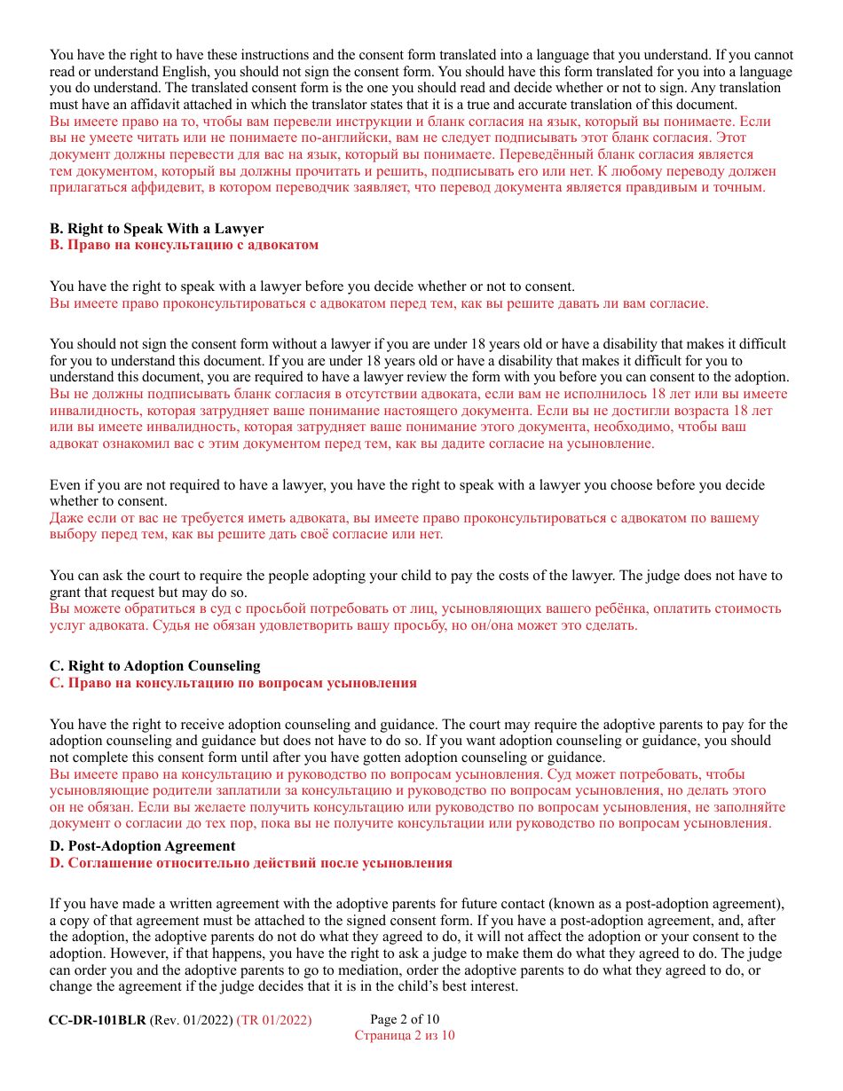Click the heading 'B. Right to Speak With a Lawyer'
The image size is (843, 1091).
[x=156, y=229]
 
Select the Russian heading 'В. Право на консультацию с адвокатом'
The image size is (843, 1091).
[x=184, y=245]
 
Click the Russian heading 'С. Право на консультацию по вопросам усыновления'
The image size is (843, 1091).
[x=232, y=683]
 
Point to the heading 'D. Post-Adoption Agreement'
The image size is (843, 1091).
[x=143, y=846]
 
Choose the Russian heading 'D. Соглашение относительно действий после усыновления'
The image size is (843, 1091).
[x=250, y=862]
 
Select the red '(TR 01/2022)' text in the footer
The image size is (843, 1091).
[x=274, y=1020]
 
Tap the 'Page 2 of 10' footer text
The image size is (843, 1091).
[x=405, y=1020]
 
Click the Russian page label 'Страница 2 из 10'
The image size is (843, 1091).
[x=405, y=1035]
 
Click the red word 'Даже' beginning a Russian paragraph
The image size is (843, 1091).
[x=67, y=518]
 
